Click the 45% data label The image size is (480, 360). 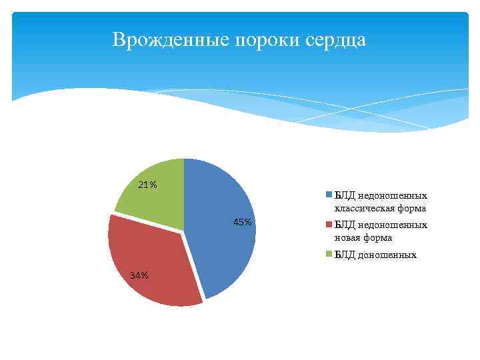[x=243, y=222]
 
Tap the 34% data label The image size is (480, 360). [x=139, y=275]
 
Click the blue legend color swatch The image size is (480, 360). [x=328, y=195]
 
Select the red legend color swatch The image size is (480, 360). [x=328, y=225]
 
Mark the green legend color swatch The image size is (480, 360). [x=328, y=255]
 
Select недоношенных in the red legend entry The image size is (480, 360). [x=392, y=225]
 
